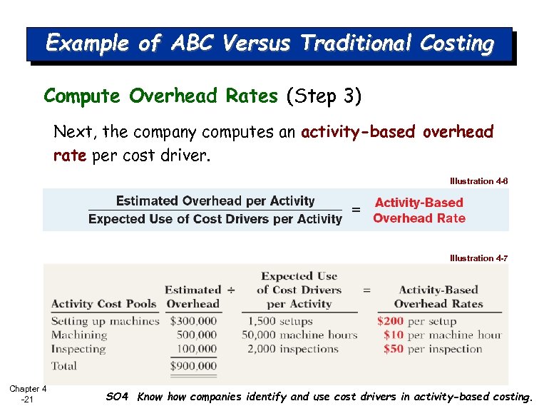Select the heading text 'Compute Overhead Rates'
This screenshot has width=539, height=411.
pyautogui.click(x=160, y=96)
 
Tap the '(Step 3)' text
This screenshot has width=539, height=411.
pyautogui.click(x=324, y=96)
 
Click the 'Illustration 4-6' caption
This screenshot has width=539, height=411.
pyautogui.click(x=478, y=181)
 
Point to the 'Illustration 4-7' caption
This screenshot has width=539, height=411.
pyautogui.click(x=478, y=258)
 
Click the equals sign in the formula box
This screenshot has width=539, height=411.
pyautogui.click(x=356, y=210)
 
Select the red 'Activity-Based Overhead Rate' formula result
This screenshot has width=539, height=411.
pyautogui.click(x=419, y=210)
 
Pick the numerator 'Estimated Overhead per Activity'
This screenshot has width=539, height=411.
pyautogui.click(x=215, y=201)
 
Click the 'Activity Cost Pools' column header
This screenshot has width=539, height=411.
pyautogui.click(x=103, y=304)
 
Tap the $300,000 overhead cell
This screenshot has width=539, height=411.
pyautogui.click(x=193, y=321)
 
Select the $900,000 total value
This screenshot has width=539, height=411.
pyautogui.click(x=193, y=366)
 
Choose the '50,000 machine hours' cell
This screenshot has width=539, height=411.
pyautogui.click(x=299, y=335)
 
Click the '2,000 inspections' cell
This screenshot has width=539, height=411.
pyautogui.click(x=292, y=349)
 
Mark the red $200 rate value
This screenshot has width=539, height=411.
pyautogui.click(x=390, y=321)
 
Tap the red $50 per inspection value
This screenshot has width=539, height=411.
pyautogui.click(x=393, y=349)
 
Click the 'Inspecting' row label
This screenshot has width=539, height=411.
pyautogui.click(x=78, y=349)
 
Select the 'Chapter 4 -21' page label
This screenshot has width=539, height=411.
pyautogui.click(x=28, y=394)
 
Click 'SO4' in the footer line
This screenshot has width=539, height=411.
pyautogui.click(x=117, y=397)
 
